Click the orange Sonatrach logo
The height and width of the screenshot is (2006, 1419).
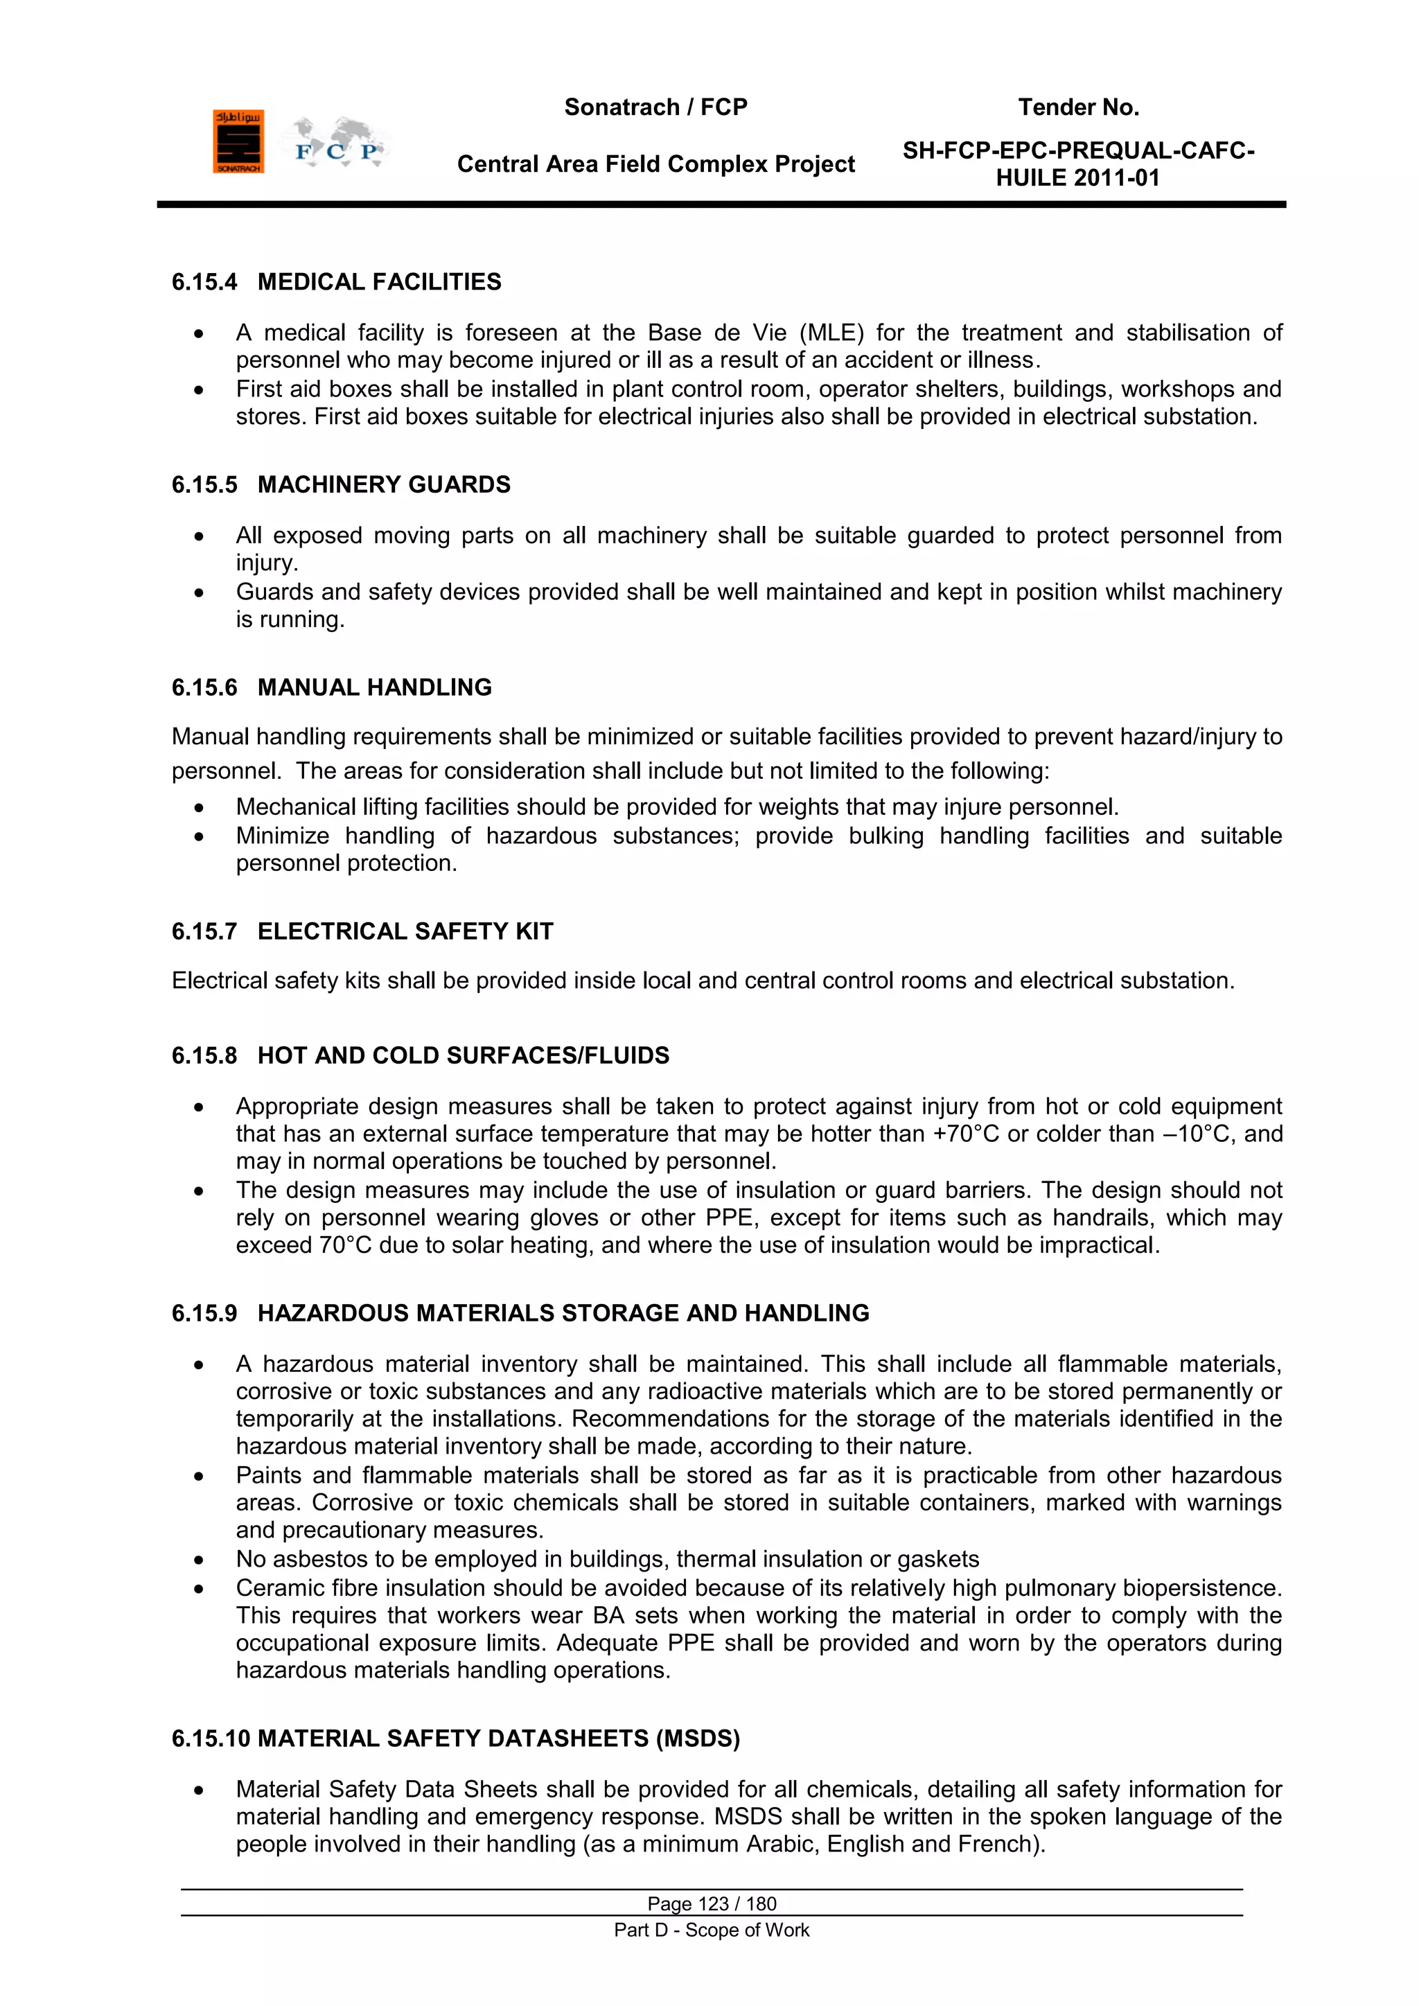(238, 141)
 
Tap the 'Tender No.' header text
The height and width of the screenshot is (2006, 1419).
(1078, 107)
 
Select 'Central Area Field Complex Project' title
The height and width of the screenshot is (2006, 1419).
(655, 164)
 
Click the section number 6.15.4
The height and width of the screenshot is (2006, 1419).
(204, 282)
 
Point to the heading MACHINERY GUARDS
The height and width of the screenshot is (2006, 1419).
(384, 485)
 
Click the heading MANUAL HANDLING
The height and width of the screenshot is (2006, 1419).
(374, 687)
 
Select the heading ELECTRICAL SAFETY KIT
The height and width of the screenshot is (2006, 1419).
(405, 931)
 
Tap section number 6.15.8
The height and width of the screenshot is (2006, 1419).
(204, 1055)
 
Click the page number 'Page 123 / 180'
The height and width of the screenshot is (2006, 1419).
(712, 1903)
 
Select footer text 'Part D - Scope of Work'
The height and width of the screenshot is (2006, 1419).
(712, 1930)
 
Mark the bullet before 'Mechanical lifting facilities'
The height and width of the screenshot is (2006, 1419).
(200, 808)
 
